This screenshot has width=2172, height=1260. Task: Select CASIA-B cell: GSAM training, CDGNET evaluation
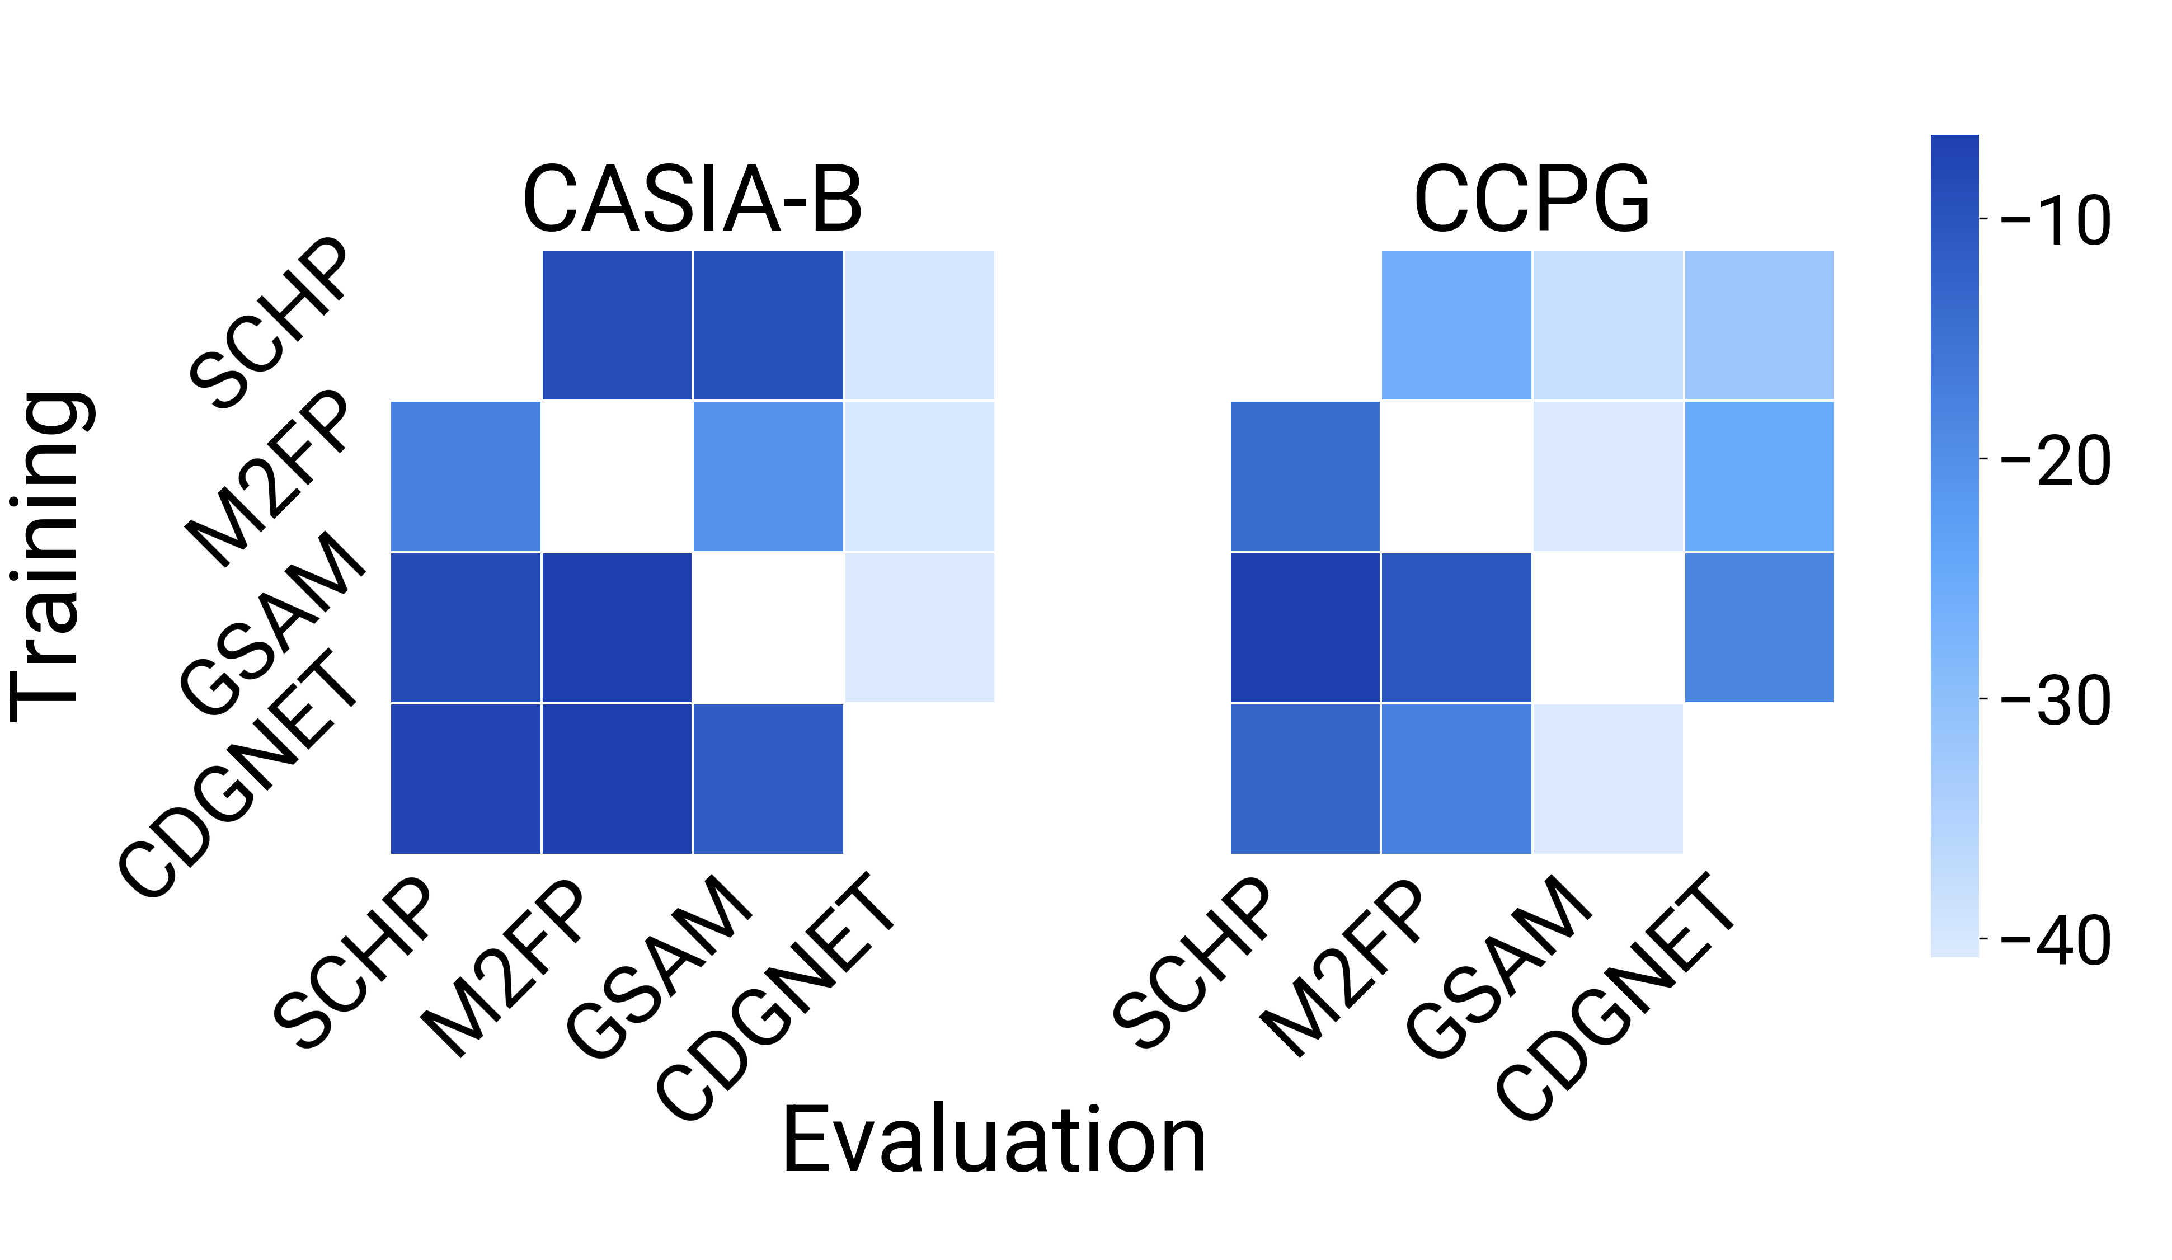919,627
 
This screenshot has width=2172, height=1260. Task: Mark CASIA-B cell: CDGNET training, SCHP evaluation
466,778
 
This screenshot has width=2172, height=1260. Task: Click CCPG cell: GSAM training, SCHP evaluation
1305,627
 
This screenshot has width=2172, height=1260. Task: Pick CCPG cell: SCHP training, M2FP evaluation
1456,325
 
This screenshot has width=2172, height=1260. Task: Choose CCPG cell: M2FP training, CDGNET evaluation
1759,476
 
